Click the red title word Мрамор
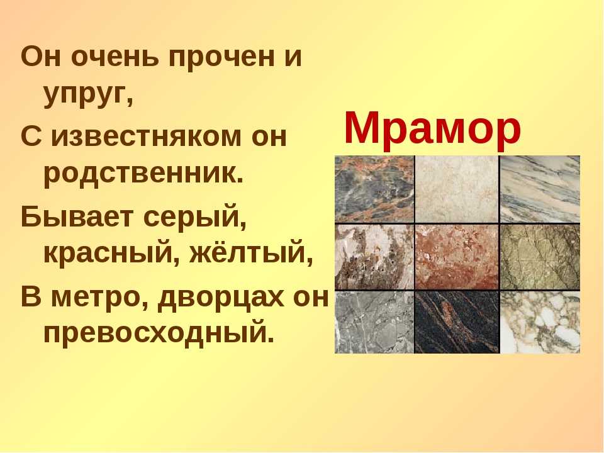click(432, 128)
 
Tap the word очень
click(115, 57)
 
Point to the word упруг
click(85, 97)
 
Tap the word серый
click(193, 216)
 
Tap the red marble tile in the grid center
click(457, 257)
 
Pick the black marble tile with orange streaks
click(457, 322)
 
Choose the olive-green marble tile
click(540, 257)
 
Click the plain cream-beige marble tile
click(457, 189)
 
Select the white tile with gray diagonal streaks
click(540, 189)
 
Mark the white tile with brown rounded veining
click(540, 322)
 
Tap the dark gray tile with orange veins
click(374, 189)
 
